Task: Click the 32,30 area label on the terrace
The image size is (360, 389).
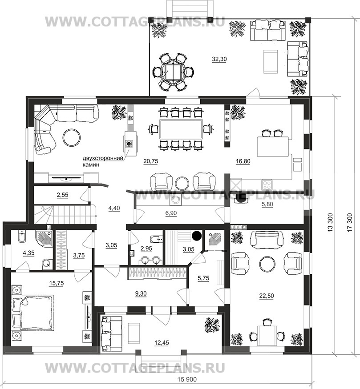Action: point(219,59)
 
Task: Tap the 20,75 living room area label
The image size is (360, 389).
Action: point(151,161)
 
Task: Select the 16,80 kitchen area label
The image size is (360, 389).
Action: point(243,161)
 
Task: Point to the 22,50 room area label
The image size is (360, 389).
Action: point(267,296)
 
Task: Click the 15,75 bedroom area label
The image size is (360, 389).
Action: point(57,283)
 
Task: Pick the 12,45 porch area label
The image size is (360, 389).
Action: point(162,343)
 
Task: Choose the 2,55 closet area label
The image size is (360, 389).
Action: point(62,195)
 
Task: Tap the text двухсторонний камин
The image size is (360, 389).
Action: point(103,161)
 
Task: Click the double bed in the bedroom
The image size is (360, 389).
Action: point(33,312)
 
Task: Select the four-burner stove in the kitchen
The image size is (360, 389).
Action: point(267,184)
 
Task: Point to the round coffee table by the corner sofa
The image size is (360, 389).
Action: point(72,137)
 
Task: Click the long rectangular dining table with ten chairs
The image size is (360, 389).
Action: point(181,129)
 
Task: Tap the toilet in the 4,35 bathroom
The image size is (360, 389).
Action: point(22,237)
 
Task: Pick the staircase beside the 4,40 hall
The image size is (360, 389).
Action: point(65,214)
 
